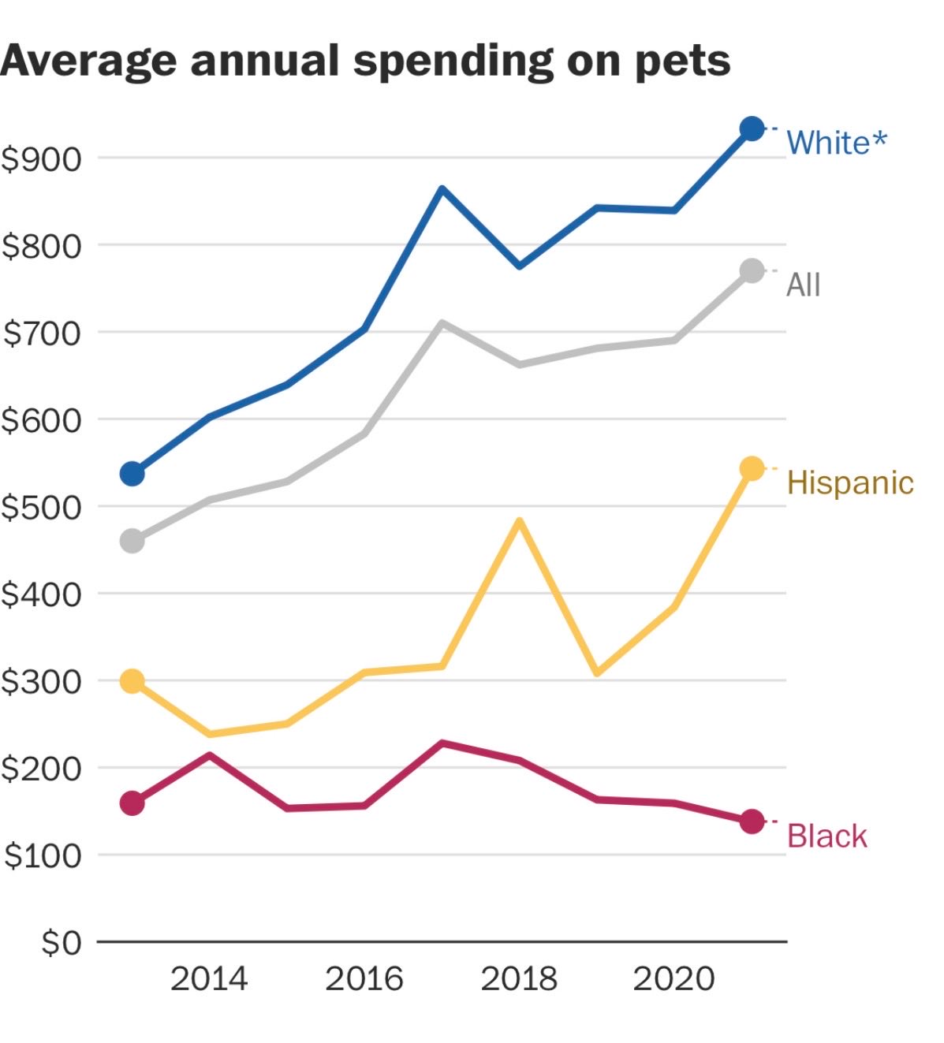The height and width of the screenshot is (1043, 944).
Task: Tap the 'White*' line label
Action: tap(836, 143)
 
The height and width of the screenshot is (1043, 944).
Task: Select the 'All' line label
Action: tap(803, 285)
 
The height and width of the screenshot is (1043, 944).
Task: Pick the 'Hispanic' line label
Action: tap(850, 482)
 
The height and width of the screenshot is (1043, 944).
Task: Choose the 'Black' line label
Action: tap(826, 836)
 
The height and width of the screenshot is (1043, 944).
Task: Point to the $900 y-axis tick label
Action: tap(42, 159)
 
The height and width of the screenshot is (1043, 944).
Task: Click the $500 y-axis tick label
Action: tap(42, 507)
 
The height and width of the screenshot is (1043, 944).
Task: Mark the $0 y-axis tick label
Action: tap(61, 942)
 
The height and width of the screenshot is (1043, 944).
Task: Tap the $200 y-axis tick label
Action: tap(42, 769)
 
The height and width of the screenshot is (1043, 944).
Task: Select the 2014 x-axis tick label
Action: tap(209, 979)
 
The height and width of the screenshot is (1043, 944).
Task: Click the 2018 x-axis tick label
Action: tap(519, 979)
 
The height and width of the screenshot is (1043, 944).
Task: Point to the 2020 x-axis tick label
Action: tap(673, 979)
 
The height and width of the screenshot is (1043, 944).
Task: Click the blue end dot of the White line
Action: tap(752, 129)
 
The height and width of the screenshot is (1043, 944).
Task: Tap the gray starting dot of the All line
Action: tap(132, 542)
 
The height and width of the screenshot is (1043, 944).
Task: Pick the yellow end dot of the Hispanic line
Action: tap(752, 468)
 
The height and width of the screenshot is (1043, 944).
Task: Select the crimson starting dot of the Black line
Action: tap(132, 803)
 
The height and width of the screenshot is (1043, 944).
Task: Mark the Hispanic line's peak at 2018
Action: tap(519, 521)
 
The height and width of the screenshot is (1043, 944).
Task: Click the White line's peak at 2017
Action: tap(442, 189)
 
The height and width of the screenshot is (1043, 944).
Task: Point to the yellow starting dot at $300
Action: tap(132, 681)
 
